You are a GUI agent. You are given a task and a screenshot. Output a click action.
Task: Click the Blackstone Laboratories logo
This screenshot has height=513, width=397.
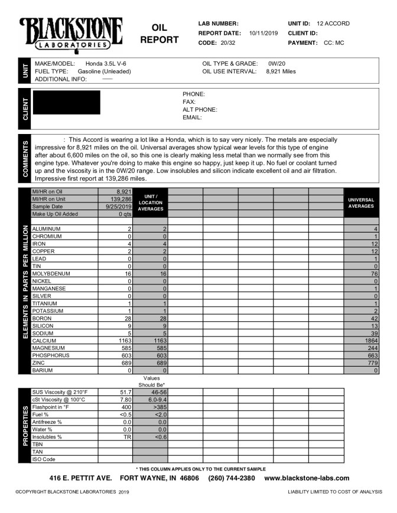click(71, 33)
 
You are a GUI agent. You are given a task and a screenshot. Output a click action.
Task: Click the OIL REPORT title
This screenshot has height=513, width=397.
click(160, 34)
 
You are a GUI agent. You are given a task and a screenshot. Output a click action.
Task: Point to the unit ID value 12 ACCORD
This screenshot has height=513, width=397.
click(333, 24)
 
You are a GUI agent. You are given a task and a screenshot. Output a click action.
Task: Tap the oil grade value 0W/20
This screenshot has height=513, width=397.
click(277, 63)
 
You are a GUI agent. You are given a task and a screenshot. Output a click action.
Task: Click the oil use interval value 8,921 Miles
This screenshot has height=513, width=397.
click(281, 71)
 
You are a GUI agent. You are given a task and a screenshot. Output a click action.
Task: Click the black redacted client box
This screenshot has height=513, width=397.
click(66, 102)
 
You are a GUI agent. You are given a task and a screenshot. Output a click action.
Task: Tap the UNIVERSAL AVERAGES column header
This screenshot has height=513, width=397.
click(361, 204)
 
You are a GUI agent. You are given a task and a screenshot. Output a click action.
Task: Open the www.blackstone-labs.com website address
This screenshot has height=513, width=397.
click(307, 478)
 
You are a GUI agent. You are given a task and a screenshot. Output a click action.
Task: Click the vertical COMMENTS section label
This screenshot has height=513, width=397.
click(25, 158)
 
